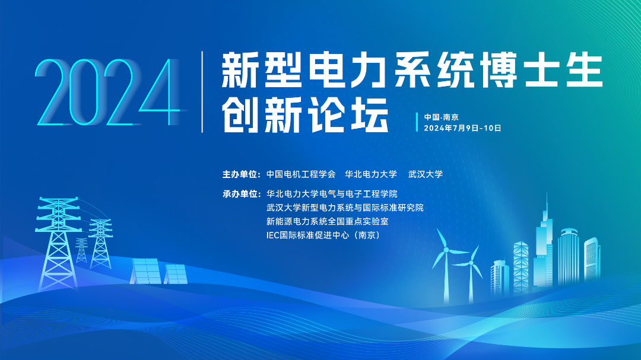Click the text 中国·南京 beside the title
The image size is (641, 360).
click(x=441, y=117)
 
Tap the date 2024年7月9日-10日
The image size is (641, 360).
click(x=462, y=128)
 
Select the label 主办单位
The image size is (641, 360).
click(x=241, y=174)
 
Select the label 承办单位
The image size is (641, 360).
click(x=241, y=194)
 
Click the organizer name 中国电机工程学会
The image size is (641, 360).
click(x=301, y=174)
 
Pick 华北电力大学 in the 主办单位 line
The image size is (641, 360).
click(x=371, y=174)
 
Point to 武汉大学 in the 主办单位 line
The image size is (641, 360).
click(x=426, y=174)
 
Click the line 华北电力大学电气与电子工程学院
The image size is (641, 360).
click(x=332, y=194)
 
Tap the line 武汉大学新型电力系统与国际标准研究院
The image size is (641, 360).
click(x=345, y=208)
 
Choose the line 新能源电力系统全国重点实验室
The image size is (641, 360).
click(x=328, y=221)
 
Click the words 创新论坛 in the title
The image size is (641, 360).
click(x=305, y=115)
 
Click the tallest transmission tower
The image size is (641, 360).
click(x=58, y=244)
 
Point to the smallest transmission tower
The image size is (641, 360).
click(x=82, y=250)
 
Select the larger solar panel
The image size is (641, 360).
click(x=145, y=270)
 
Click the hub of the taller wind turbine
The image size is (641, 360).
click(x=446, y=250)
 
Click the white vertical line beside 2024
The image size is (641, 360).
click(x=202, y=92)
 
